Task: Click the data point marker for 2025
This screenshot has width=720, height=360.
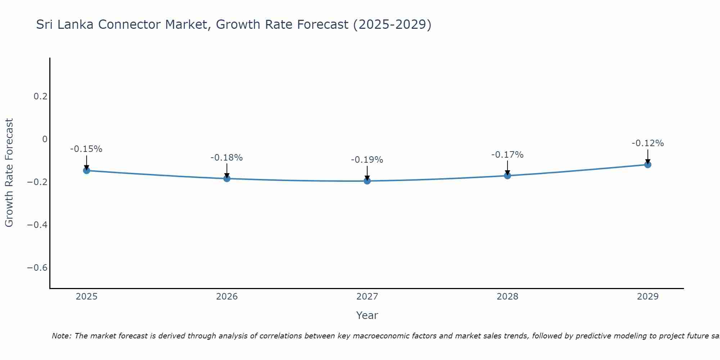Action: [x=86, y=170]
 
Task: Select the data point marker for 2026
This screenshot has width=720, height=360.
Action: [x=227, y=178]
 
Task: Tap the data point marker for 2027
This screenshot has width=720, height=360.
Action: [x=367, y=181]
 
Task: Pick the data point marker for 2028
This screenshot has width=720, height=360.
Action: [x=507, y=176]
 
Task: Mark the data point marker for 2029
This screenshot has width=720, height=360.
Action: [x=648, y=165]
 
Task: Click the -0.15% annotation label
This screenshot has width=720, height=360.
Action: [x=86, y=149]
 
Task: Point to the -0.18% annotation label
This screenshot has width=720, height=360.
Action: [x=226, y=158]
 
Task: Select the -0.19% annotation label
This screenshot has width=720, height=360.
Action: [x=367, y=160]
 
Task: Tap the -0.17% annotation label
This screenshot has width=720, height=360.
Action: [x=507, y=155]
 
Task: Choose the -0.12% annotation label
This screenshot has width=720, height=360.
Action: [x=648, y=143]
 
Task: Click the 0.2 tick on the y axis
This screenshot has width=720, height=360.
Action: [x=40, y=96]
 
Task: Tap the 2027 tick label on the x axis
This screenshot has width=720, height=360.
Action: [x=367, y=297]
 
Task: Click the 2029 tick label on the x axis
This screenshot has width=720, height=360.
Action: [x=648, y=297]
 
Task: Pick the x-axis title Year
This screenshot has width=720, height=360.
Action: [x=367, y=316]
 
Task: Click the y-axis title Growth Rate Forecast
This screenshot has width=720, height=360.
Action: [x=9, y=173]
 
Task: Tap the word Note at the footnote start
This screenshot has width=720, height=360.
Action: [x=62, y=336]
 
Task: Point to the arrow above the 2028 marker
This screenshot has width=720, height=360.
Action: [x=507, y=168]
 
